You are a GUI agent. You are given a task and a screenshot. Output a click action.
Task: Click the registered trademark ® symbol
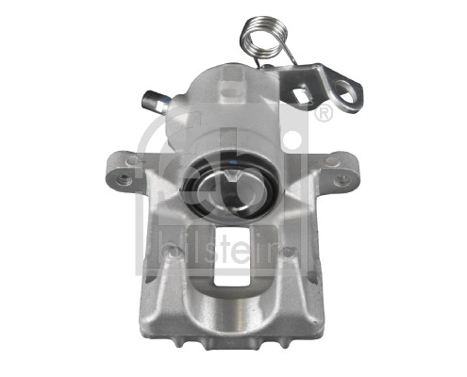pos(324,115)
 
